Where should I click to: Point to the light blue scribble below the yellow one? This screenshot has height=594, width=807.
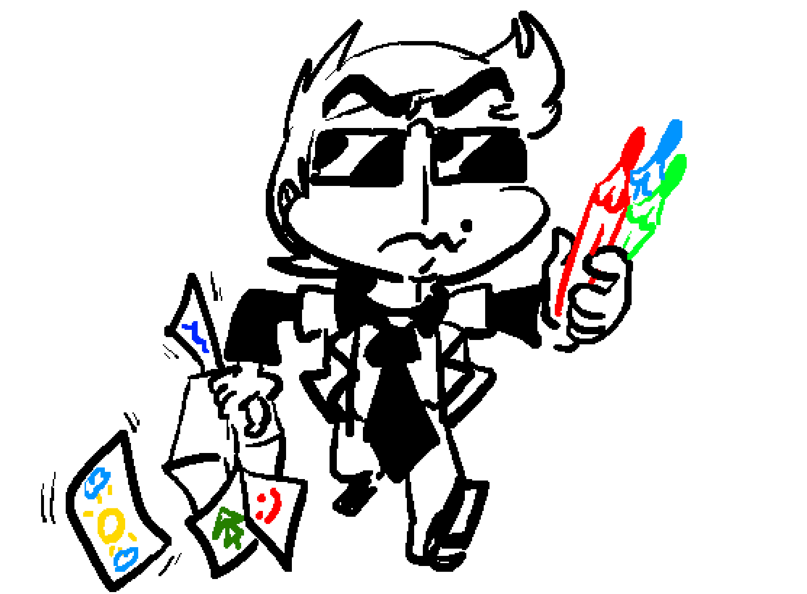[x=125, y=559]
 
